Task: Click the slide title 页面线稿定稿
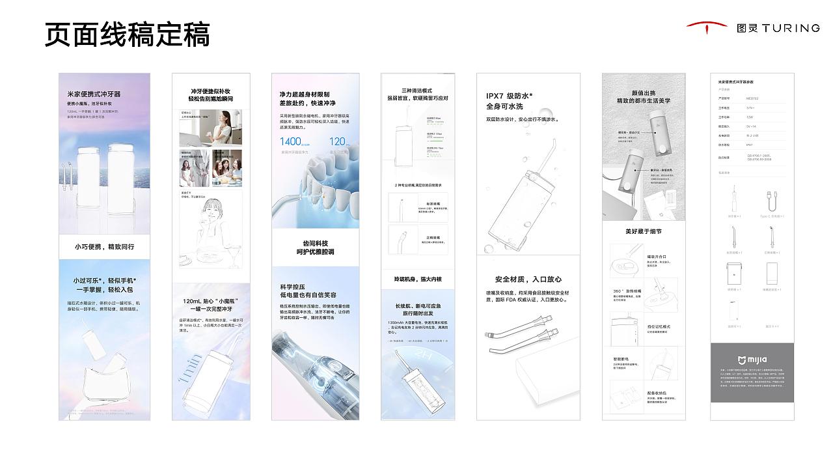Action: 128,33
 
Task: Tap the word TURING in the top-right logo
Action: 791,28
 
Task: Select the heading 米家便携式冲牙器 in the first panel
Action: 94,94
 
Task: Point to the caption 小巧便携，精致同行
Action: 104,247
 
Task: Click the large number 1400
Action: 290,141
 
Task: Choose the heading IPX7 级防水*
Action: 509,96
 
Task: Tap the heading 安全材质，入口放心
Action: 528,279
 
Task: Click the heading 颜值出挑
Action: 643,92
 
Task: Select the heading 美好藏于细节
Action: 643,231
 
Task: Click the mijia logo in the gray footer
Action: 752,360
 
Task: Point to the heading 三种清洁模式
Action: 417,91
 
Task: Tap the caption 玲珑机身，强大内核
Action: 417,279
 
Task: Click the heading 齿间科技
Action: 315,244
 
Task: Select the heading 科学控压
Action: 293,286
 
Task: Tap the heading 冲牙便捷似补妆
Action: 210,91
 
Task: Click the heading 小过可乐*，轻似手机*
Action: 104,280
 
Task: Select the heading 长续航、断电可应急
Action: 418,306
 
